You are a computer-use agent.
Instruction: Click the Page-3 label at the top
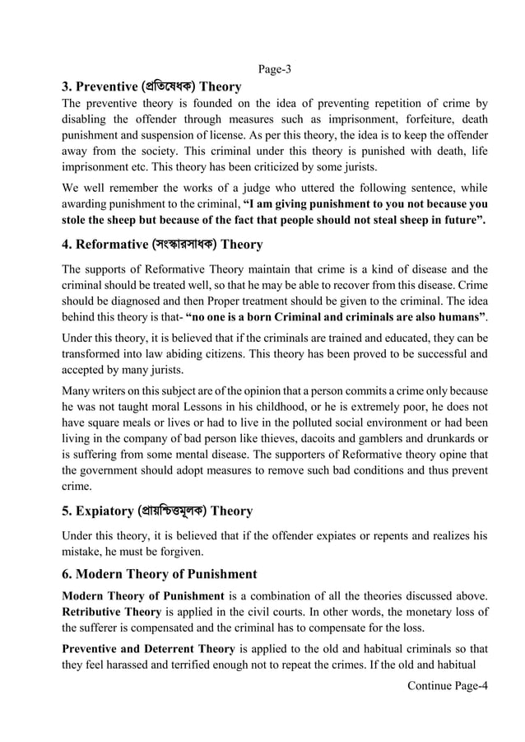(x=275, y=69)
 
